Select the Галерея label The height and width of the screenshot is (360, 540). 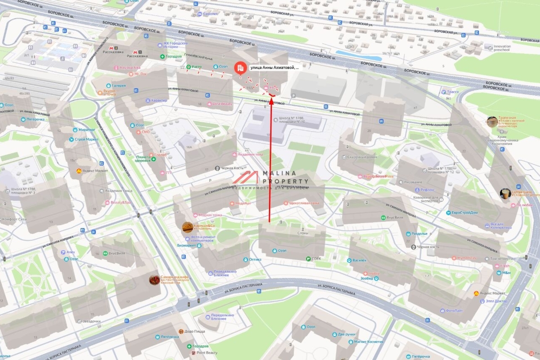119,85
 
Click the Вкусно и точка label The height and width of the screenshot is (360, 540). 109,93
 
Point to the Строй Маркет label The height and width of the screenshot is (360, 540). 87,139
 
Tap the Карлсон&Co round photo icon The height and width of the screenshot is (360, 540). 187,228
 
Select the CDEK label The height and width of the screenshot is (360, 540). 316,259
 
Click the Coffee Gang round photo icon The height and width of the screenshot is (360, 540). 505,193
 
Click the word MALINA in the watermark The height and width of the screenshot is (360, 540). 279,174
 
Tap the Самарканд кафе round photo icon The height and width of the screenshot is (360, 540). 154,280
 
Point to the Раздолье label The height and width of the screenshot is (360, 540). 419,234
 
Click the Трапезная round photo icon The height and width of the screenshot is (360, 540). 492,121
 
